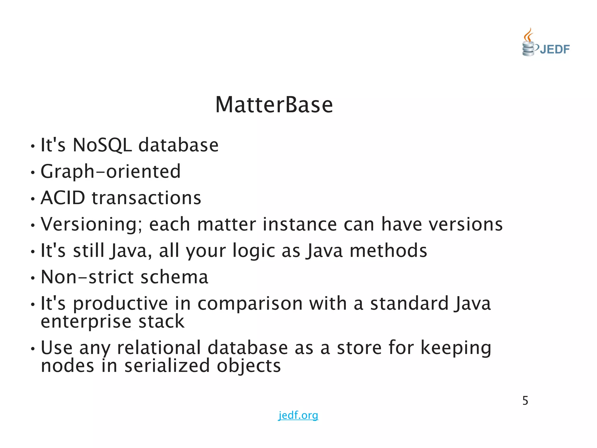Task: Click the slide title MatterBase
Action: tap(274, 105)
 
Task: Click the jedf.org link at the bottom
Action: tap(298, 415)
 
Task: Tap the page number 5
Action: tap(525, 401)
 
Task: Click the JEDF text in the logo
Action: tap(554, 49)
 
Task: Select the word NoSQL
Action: tap(102, 145)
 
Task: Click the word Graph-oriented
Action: tap(111, 171)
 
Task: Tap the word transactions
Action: tap(147, 198)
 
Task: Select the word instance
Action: tap(299, 224)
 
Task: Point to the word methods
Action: tap(388, 251)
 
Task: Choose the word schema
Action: tap(174, 277)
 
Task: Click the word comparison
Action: tap(250, 304)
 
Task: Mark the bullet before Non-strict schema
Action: tap(33, 278)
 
